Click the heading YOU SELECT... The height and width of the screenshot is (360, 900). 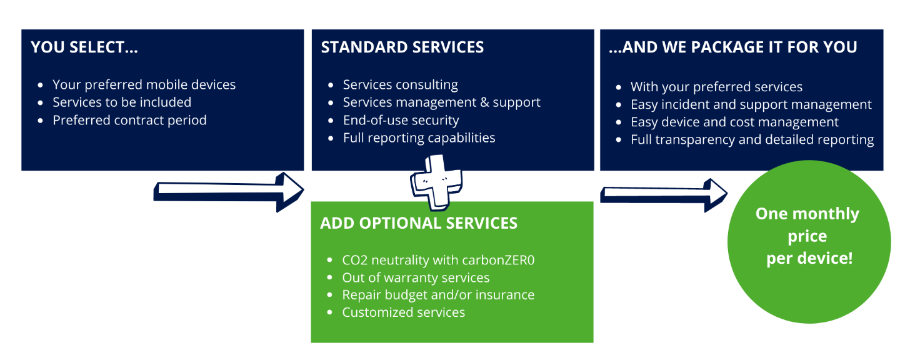(84, 47)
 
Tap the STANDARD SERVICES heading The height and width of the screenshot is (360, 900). (402, 47)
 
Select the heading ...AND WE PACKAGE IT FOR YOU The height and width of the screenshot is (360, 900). (732, 47)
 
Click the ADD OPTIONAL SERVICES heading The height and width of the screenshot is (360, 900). (418, 223)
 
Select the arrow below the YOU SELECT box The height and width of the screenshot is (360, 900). (229, 189)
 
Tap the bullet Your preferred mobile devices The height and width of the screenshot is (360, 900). (144, 84)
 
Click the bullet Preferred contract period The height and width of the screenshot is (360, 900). (129, 120)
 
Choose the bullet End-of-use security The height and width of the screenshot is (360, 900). (401, 120)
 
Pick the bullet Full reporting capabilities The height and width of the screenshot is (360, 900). (419, 137)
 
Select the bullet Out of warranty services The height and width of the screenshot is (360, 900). (416, 277)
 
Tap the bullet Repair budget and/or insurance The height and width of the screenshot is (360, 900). (438, 295)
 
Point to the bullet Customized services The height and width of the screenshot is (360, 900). (403, 312)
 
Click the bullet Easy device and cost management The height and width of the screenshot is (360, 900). (734, 122)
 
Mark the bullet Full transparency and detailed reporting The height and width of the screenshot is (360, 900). (752, 139)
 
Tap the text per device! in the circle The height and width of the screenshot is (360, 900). (809, 257)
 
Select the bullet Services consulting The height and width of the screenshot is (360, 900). (400, 84)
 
